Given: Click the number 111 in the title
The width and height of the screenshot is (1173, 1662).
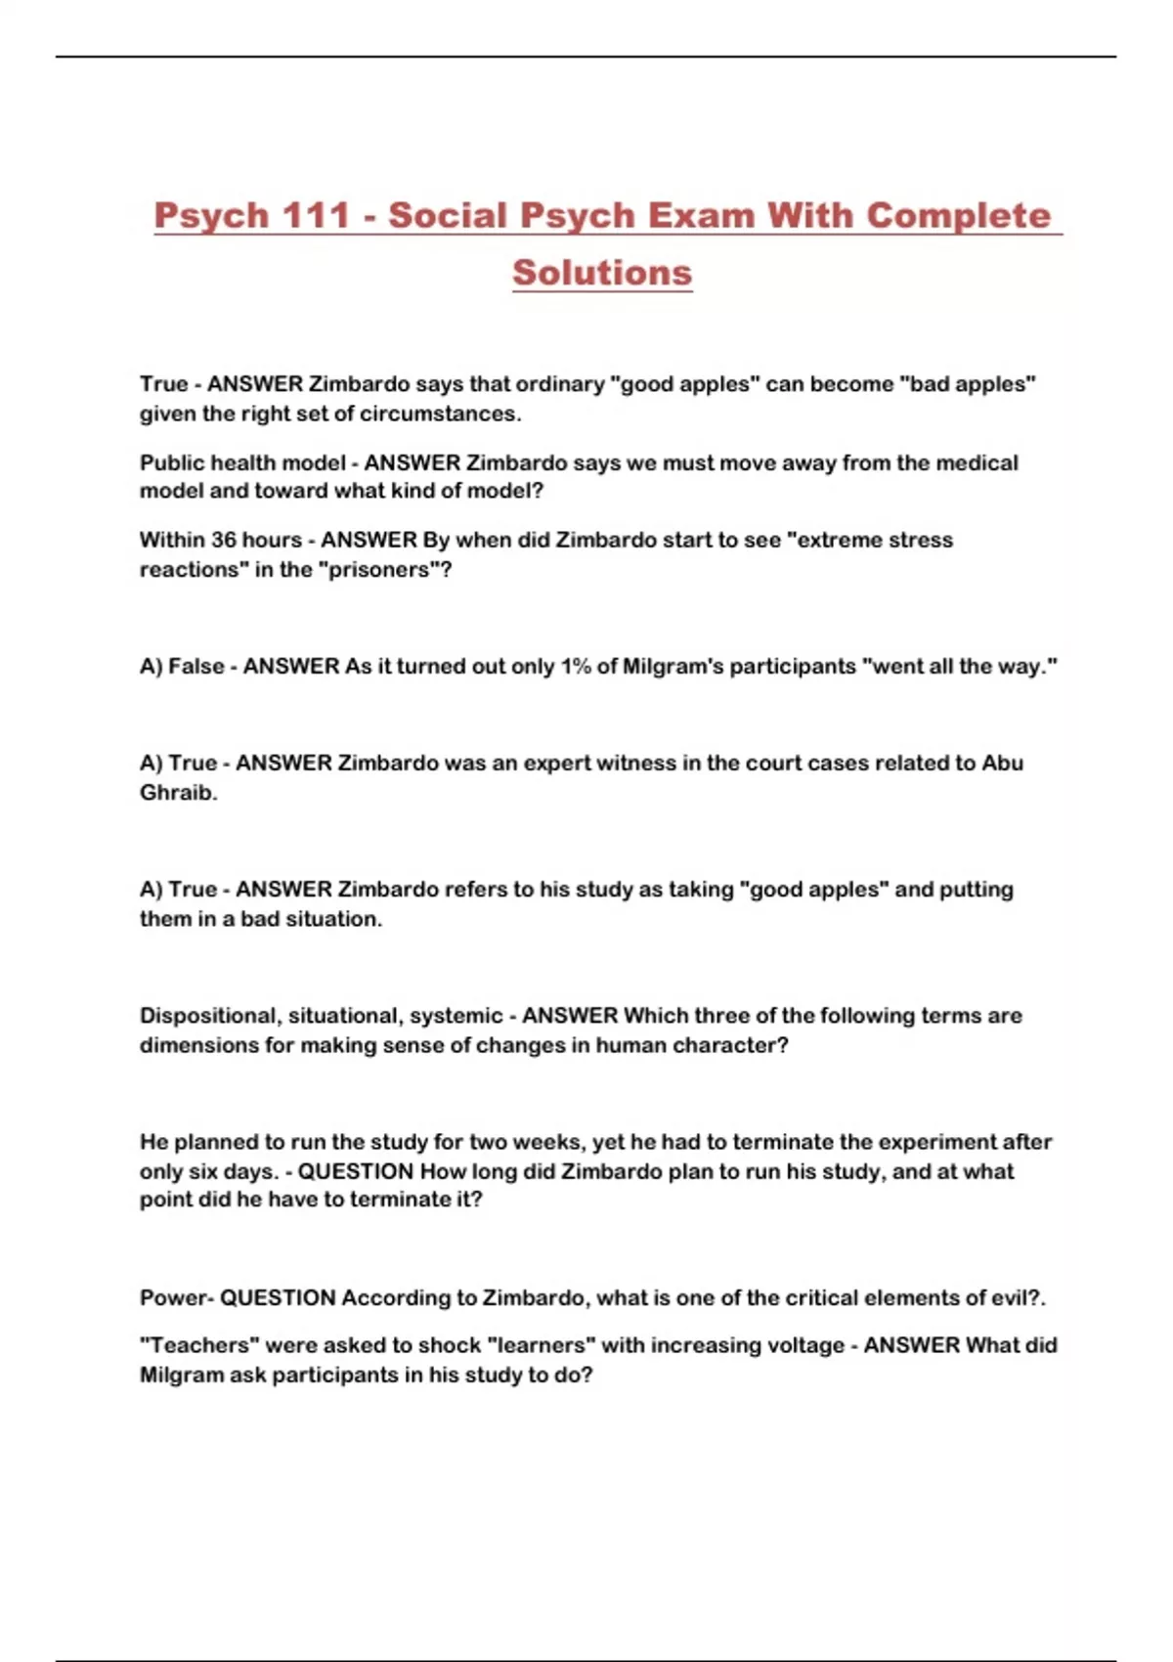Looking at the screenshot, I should coord(316,215).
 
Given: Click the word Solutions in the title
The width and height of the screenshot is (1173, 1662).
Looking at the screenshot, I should coord(602,273).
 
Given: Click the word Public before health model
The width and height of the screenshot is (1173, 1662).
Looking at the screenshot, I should coord(171,462).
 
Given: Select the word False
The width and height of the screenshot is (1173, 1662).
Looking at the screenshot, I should coord(196,666).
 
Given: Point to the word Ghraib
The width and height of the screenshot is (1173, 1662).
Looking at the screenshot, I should coord(177,792).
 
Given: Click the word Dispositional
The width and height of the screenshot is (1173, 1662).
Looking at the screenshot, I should coord(208,1016).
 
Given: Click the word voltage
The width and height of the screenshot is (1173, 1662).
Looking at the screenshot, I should coord(802,1345).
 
